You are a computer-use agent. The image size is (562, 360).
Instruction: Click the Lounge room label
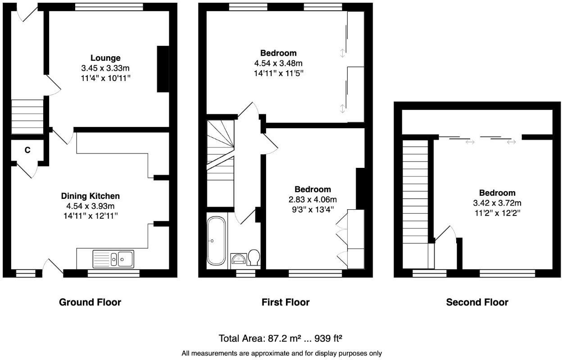tap(105, 58)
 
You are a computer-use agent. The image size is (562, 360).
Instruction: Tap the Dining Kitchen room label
tap(90, 196)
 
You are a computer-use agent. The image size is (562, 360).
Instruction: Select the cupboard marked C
tap(27, 150)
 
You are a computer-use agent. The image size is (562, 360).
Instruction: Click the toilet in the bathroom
tap(254, 258)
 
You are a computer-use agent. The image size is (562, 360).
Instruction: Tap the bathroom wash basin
tap(238, 259)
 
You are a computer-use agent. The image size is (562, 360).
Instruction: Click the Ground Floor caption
tap(90, 302)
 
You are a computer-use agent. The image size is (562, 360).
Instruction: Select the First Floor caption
tap(286, 302)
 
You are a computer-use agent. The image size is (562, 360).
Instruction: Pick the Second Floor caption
tap(477, 302)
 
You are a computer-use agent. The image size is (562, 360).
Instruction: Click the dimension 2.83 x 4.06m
tap(313, 199)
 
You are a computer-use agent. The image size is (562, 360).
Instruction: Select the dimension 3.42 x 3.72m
tap(497, 203)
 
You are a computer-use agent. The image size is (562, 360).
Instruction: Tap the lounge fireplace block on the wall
tap(162, 69)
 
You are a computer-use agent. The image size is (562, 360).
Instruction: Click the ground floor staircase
tap(27, 116)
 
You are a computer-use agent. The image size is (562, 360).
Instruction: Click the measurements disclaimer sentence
tap(281, 353)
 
